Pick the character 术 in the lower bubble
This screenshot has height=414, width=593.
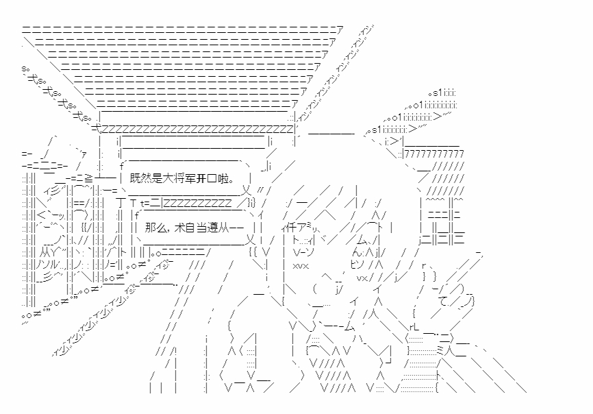pyautogui.click(x=179, y=228)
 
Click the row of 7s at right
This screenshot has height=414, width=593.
pyautogui.click(x=435, y=154)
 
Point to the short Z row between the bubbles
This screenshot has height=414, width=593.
pyautogui.click(x=197, y=203)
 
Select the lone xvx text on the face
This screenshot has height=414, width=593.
pyautogui.click(x=301, y=266)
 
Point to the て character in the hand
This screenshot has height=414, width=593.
pyautogui.click(x=443, y=302)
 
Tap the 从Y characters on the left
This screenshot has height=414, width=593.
pyautogui.click(x=49, y=252)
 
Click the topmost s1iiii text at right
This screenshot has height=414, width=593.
pyautogui.click(x=442, y=93)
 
